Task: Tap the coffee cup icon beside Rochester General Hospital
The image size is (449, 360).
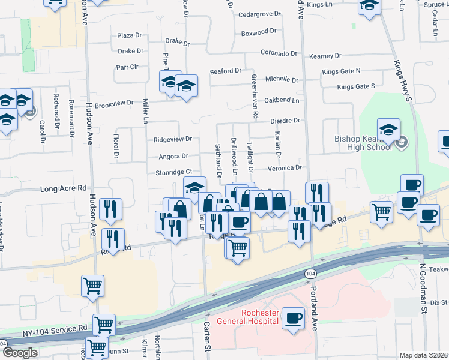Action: [293, 317]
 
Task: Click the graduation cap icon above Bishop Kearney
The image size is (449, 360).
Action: [388, 130]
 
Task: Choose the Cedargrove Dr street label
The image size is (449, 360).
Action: [260, 14]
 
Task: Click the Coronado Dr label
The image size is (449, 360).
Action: [279, 53]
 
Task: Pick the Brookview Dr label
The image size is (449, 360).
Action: [114, 103]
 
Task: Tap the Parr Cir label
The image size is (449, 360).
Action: [127, 67]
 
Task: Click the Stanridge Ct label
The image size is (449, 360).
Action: [173, 172]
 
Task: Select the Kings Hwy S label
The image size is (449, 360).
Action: [402, 82]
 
